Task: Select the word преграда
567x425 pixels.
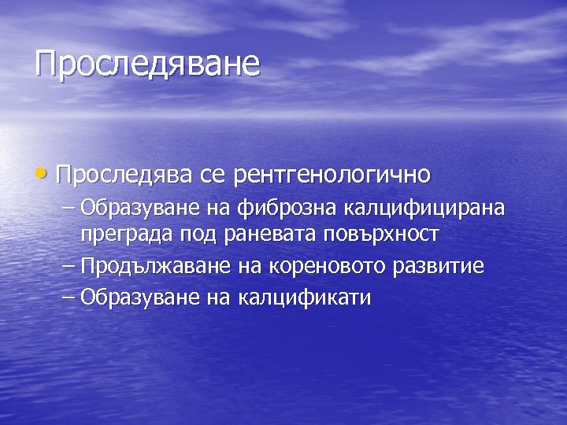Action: point(126,235)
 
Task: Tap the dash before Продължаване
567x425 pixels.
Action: point(69,266)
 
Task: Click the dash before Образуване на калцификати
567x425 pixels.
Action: point(69,297)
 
